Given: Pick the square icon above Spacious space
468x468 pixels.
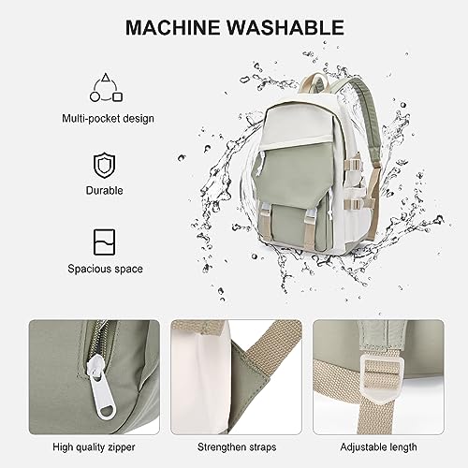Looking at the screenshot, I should point(104,243).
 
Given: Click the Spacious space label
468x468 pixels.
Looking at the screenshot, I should point(104,270).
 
